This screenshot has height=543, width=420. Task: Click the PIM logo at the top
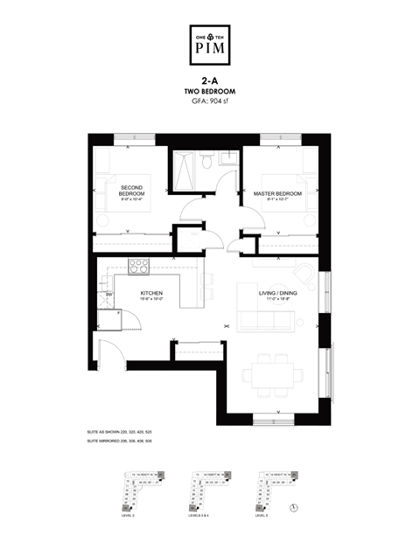pos(209,45)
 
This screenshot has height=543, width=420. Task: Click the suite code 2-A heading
pos(209,80)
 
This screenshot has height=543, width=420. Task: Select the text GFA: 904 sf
pos(209,101)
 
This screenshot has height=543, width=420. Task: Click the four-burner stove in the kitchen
pos(139,266)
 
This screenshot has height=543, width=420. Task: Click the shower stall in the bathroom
pos(185,171)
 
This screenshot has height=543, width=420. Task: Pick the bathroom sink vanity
pos(227,158)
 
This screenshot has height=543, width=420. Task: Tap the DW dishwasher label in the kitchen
pos(108,296)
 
